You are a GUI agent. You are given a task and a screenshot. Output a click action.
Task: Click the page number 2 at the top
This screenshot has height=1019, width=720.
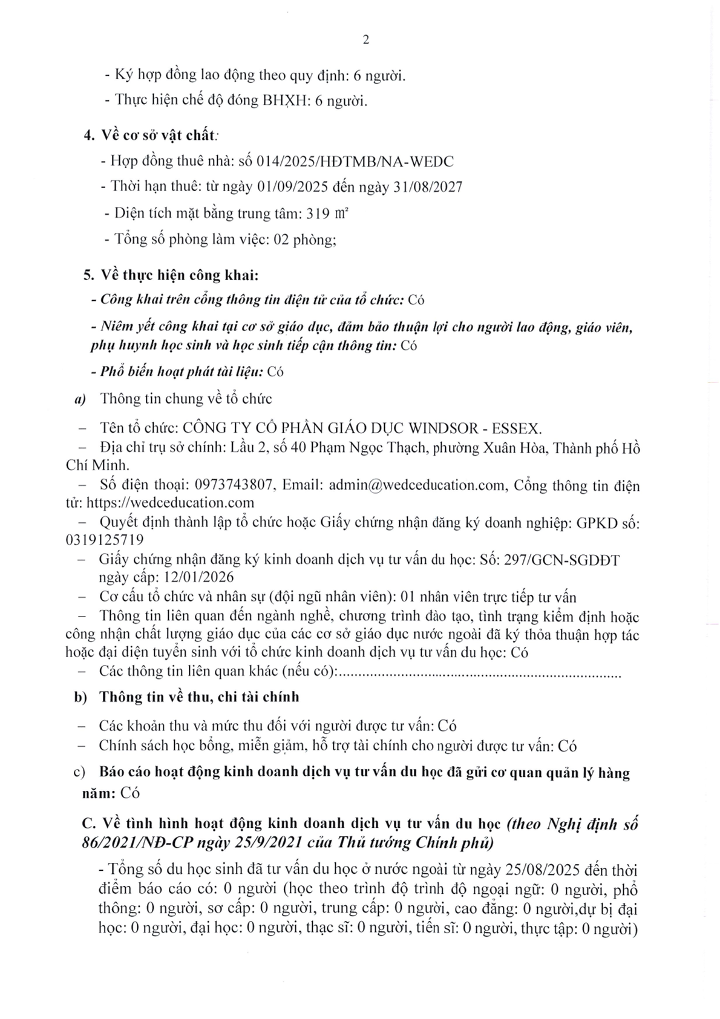click(x=365, y=41)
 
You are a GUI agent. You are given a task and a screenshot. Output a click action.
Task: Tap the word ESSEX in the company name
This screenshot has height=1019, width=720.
click(x=515, y=428)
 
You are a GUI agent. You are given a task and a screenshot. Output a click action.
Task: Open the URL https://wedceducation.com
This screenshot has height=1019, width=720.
click(x=171, y=502)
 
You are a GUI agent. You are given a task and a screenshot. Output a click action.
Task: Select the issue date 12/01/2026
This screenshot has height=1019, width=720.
click(x=198, y=577)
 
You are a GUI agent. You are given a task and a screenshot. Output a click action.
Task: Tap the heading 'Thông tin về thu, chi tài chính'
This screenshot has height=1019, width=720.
click(x=199, y=697)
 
